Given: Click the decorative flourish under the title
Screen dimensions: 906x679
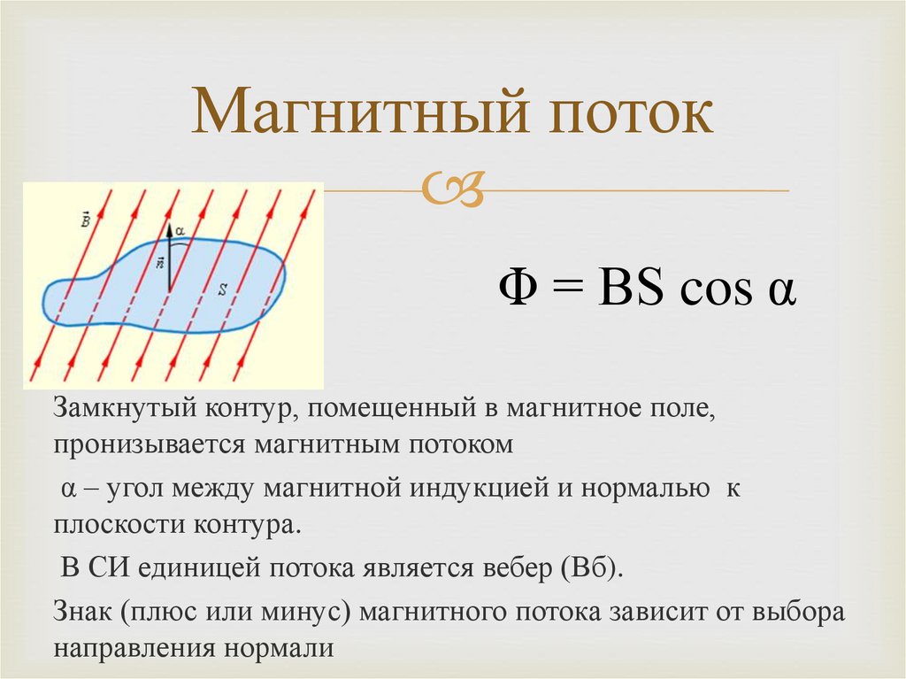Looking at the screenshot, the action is pyautogui.click(x=452, y=189).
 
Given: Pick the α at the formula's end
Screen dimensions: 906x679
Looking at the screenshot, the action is pyautogui.click(x=782, y=293).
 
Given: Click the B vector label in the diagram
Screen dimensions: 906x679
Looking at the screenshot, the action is pyautogui.click(x=86, y=220).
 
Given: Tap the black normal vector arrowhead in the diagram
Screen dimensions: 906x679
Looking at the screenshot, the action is pyautogui.click(x=169, y=231).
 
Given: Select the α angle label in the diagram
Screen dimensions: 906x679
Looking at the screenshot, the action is pyautogui.click(x=180, y=231).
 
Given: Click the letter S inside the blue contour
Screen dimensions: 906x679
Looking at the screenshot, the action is pyautogui.click(x=222, y=290).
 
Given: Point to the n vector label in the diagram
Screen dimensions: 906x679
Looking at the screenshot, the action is pyautogui.click(x=160, y=263).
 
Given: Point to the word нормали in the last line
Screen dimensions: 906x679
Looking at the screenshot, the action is pyautogui.click(x=280, y=649).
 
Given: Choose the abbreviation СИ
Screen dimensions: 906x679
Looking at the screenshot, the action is pyautogui.click(x=109, y=568).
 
